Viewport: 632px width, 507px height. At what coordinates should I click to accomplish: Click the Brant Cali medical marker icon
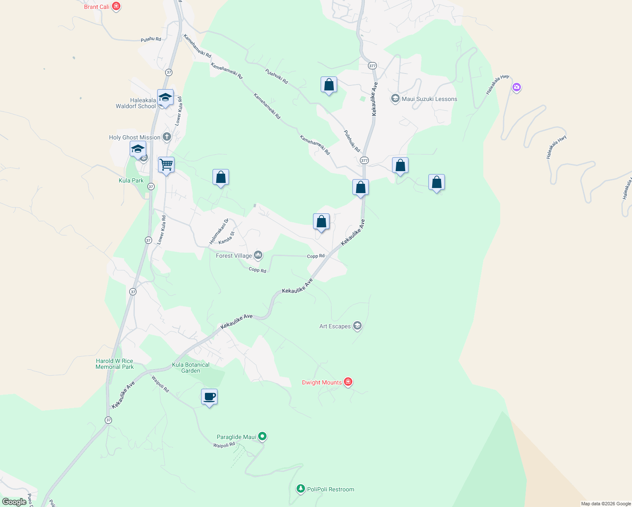coord(116,6)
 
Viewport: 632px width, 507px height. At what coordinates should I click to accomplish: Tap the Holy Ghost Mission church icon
coord(167,137)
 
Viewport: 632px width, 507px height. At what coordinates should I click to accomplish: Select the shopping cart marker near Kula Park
coord(166,165)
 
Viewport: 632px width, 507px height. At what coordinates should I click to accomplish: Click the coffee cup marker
coord(209,397)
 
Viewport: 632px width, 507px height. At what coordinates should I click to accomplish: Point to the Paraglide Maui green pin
coord(262,436)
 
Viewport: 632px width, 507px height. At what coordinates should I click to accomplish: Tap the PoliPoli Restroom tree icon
coord(300,489)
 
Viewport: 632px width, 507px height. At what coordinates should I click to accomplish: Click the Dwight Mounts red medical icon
coord(348,382)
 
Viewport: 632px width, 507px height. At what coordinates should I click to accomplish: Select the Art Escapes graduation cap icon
coord(357,326)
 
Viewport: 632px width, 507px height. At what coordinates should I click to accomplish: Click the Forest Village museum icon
coord(258,255)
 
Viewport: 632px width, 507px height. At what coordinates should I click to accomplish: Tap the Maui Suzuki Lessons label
coord(429,99)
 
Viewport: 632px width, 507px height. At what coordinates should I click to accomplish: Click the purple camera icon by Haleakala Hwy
coord(516,87)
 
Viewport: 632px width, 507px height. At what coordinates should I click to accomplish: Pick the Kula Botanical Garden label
coord(191,368)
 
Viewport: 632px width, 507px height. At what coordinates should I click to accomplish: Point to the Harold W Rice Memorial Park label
coord(114,364)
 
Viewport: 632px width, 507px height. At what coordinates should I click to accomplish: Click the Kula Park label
coord(131,180)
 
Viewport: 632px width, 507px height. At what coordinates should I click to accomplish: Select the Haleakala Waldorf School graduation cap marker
coord(165,98)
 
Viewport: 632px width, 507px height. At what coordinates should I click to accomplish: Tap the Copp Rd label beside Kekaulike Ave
coord(316,256)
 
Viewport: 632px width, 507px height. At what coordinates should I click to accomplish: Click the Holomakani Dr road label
coord(219,231)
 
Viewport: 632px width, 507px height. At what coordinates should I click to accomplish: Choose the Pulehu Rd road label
coord(151,39)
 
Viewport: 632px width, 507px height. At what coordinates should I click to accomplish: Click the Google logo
coord(14,502)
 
